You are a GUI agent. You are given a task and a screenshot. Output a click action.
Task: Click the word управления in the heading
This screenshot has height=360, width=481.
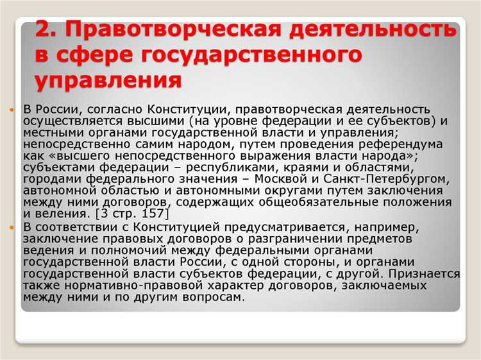point(107,81)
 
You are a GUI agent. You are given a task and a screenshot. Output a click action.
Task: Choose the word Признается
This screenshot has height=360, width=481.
point(425,274)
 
